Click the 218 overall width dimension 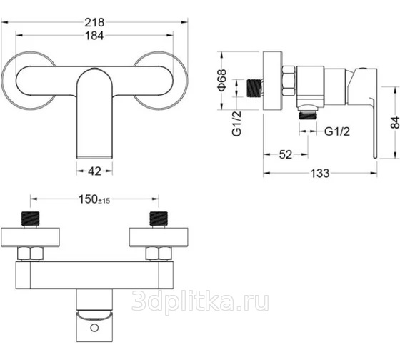94,22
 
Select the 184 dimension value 94,36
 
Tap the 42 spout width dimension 94,171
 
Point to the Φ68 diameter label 222,80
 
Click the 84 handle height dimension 395,122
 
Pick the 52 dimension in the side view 285,154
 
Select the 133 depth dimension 320,174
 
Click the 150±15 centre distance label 94,199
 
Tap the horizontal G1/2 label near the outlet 337,131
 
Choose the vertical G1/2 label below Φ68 236,124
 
